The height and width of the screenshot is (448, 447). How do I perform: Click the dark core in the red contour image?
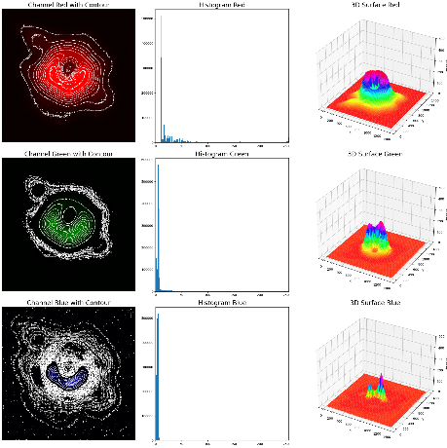pyautogui.click(x=71, y=68)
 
